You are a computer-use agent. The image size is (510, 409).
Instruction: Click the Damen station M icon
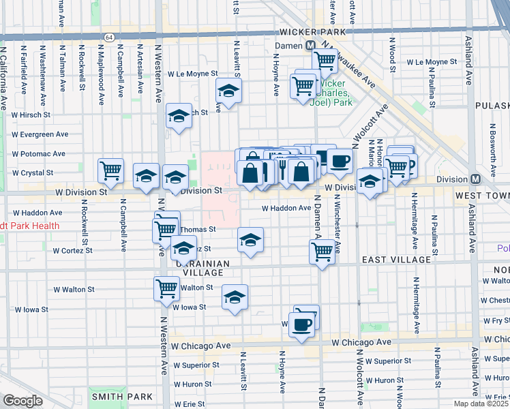tap(310, 44)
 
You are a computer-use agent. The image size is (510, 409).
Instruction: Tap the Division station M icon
tap(477, 179)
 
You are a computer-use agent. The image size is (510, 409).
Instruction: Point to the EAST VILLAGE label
tap(396, 260)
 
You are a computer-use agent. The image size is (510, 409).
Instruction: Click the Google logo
tap(22, 401)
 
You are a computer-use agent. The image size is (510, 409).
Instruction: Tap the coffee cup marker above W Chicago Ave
tap(301, 324)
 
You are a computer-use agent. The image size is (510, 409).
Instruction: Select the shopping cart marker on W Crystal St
tap(111, 171)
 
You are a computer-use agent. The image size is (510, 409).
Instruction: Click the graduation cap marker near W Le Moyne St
tap(229, 91)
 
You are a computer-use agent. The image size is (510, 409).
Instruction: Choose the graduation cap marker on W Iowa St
tap(235, 297)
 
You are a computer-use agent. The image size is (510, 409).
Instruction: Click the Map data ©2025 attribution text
tap(481, 404)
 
